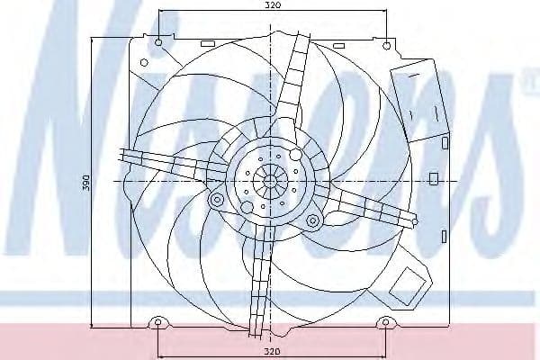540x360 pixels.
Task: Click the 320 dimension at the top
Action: point(274,4)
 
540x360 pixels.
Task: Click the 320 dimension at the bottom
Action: point(273,351)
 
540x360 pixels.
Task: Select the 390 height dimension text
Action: point(86,183)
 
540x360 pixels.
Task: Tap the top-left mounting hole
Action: point(158,42)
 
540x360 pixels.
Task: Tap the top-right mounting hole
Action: point(387,45)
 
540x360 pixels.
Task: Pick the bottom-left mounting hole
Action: point(158,322)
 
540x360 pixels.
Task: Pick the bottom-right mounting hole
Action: point(386,322)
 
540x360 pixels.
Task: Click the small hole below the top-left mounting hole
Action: point(144,63)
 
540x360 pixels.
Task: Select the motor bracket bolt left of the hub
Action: point(217,199)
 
